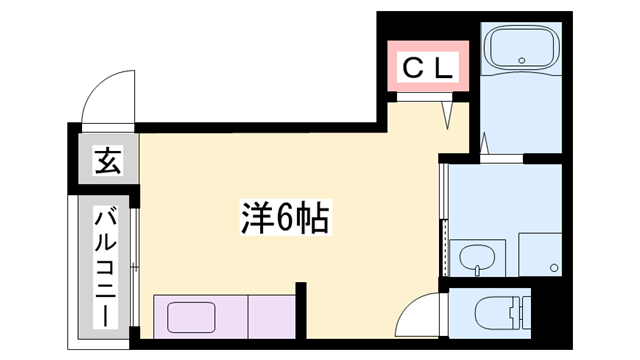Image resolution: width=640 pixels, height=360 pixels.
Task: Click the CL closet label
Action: pos(428,68)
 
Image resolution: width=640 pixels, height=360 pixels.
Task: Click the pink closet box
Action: pos(428,68)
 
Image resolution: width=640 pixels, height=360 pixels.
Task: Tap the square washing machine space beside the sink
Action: pos(541,254)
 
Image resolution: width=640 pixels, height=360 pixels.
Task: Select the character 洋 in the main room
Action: pos(256,216)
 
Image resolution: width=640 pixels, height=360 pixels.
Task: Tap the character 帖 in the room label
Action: pos(313,216)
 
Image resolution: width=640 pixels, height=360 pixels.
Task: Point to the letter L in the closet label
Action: pos(444,68)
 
